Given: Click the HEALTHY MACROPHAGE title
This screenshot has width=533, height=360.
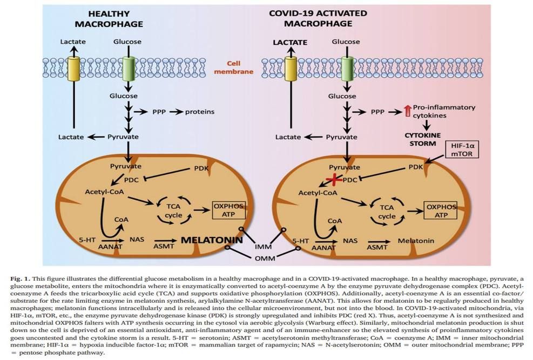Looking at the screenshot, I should (x=109, y=18).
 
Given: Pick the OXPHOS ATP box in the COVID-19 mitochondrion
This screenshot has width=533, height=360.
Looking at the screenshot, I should (x=441, y=211).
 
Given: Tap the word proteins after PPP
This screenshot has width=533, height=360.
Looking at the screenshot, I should (x=200, y=112).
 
